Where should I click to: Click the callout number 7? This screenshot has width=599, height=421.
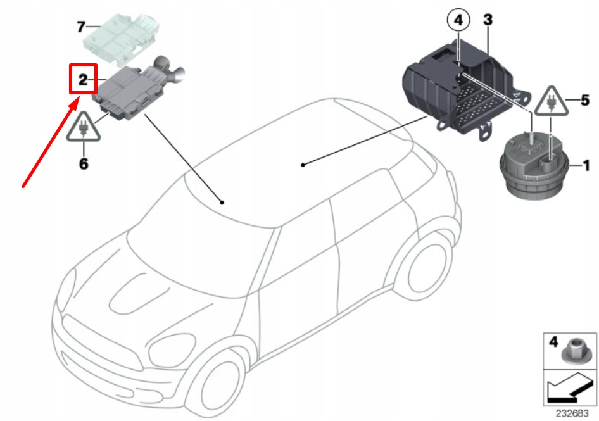pyautogui.click(x=80, y=27)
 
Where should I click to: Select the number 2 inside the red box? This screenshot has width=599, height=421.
pyautogui.click(x=82, y=80)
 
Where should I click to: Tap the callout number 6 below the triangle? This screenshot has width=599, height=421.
pyautogui.click(x=84, y=164)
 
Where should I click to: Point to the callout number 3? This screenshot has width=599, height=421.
pyautogui.click(x=488, y=19)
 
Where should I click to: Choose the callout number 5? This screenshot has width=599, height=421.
pyautogui.click(x=585, y=100)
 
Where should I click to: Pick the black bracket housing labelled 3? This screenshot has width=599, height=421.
pyautogui.click(x=456, y=89)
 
